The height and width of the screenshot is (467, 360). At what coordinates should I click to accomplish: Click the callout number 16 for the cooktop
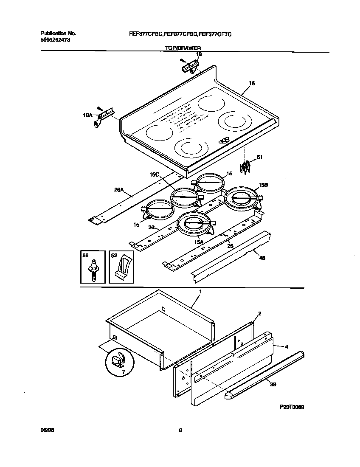tap(252, 84)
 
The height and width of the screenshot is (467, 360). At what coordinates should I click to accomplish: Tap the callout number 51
tap(259, 157)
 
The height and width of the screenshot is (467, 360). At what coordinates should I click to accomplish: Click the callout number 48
tap(262, 258)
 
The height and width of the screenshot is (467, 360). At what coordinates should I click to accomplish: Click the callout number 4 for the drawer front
tap(287, 346)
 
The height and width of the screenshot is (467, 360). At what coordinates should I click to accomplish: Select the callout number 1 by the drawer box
tap(200, 292)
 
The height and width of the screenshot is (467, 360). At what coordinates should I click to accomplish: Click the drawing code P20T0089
tap(292, 407)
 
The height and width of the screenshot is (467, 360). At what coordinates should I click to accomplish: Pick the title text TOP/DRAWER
tap(183, 48)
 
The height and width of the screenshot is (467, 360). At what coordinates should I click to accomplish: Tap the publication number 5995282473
tap(55, 39)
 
